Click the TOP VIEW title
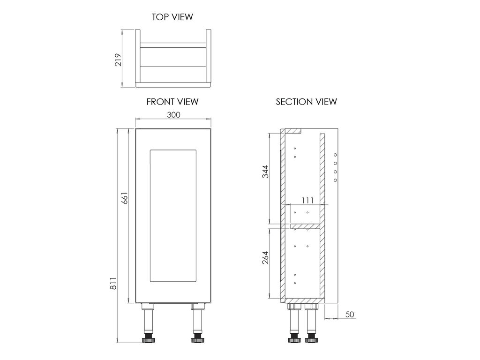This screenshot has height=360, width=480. pyautogui.click(x=172, y=17)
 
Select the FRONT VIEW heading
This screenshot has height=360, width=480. pyautogui.click(x=172, y=102)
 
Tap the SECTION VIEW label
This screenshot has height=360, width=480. pyautogui.click(x=306, y=102)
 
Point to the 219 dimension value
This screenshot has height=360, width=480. pyautogui.click(x=118, y=60)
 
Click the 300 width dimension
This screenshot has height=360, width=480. pyautogui.click(x=173, y=115)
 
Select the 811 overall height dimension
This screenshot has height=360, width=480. pyautogui.click(x=113, y=284)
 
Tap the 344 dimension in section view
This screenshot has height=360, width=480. pyautogui.click(x=265, y=172)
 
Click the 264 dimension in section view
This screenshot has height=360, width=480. pyautogui.click(x=265, y=257)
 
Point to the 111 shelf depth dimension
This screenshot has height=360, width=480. pyautogui.click(x=307, y=201)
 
